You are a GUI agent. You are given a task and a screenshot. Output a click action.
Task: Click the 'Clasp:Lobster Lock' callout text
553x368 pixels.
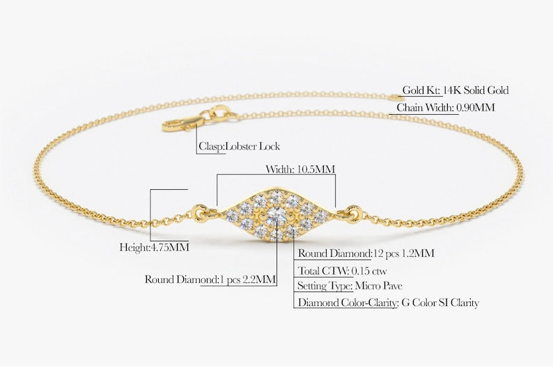point(240,147)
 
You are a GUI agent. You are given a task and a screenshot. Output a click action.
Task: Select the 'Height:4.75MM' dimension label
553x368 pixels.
point(154,247)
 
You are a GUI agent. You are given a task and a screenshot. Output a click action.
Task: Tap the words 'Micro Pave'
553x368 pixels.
point(379,286)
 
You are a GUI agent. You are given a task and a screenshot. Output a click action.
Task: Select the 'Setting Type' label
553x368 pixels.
point(325,286)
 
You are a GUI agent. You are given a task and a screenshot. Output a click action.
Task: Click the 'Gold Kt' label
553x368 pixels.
point(420,90)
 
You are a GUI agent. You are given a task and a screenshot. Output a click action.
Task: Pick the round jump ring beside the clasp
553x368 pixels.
point(219,113)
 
